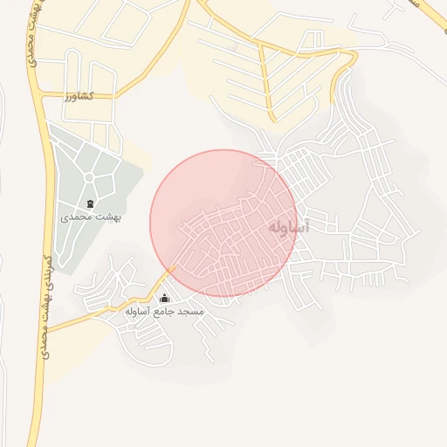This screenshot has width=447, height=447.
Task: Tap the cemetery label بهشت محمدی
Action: coord(91,217)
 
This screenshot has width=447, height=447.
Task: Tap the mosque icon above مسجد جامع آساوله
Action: coord(164,299)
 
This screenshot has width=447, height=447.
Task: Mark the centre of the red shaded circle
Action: coord(223,223)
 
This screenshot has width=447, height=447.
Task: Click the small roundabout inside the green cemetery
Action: coord(88,178)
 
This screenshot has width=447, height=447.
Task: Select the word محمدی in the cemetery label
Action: coord(77,217)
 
